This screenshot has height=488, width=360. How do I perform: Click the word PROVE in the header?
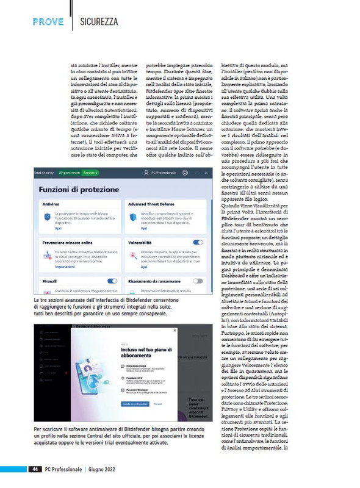point(48,22)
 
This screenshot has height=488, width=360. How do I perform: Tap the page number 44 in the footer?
point(36,468)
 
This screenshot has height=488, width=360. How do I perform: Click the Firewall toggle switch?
point(112,281)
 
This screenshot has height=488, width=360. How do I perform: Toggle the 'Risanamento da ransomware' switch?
point(198,281)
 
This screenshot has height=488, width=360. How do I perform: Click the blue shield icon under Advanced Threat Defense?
point(132,218)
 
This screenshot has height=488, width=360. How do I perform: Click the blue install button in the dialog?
point(117,404)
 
